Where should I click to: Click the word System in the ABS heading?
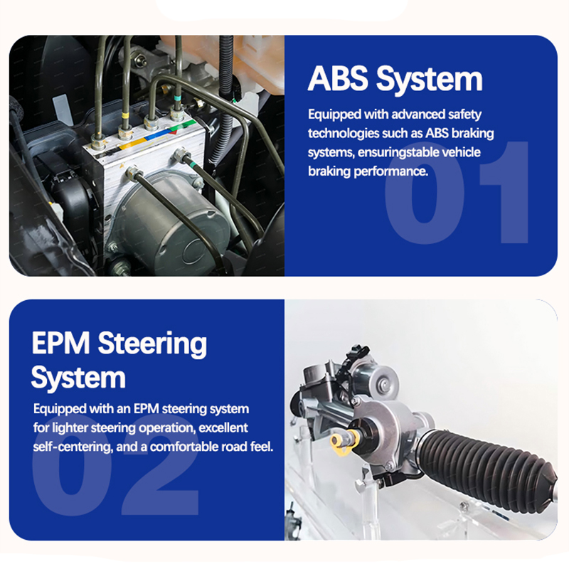430,80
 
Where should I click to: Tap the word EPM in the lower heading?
60,343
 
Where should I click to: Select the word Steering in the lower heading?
152,344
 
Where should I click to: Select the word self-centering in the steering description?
73,447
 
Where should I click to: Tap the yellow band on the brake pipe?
124,116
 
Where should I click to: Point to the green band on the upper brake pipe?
176,98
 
